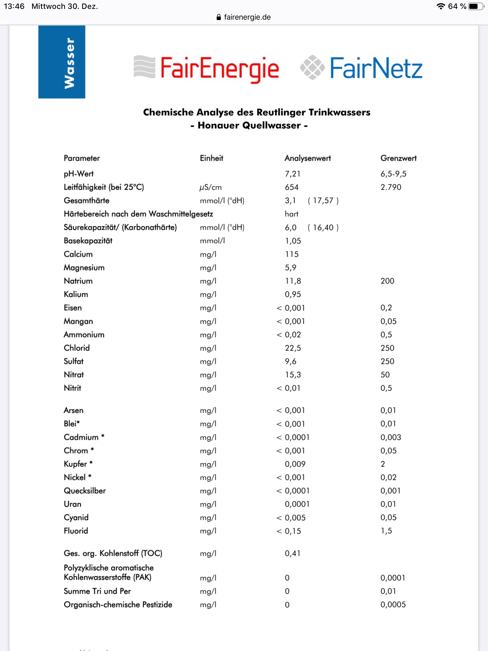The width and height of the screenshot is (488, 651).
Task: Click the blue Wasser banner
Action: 62,62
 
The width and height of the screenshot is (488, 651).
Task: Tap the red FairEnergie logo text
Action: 219,68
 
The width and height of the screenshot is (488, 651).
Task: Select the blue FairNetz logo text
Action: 376,68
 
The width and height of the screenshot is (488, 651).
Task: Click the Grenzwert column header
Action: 398,158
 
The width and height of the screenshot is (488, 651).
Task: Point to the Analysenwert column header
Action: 308,158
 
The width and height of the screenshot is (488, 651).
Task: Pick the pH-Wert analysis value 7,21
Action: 293,174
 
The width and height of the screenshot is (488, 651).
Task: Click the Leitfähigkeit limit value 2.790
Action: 391,187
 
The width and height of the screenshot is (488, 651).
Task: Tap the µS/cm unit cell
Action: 211,188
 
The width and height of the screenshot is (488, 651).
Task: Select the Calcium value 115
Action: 292,254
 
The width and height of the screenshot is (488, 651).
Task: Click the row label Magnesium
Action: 84,268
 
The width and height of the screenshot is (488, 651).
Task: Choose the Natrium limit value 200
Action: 387,281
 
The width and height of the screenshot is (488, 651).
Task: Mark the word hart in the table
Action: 291,214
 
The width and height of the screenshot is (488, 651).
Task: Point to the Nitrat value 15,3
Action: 293,375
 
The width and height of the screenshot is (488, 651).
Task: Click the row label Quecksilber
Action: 85,491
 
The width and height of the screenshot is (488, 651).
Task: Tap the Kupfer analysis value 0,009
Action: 295,464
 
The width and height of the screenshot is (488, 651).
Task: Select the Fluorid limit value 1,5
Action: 386,531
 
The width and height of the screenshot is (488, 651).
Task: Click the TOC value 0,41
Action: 293,553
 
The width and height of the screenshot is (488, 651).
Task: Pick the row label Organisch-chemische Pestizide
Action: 118,605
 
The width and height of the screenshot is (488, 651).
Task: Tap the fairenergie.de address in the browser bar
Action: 247,17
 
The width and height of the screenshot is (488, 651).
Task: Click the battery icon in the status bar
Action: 475,6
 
